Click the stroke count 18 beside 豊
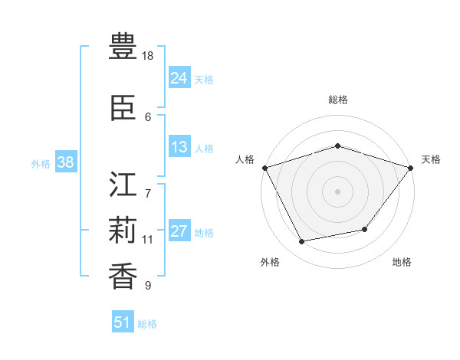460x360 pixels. click(x=149, y=56)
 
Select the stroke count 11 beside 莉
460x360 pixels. click(x=148, y=240)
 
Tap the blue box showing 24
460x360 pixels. click(x=179, y=78)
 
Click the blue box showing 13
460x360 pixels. click(x=179, y=147)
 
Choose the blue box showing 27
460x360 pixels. click(x=179, y=231)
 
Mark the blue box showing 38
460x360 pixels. click(x=65, y=162)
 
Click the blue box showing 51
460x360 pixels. click(x=123, y=322)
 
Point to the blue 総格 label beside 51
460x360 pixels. click(x=148, y=324)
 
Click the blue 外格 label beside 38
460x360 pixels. click(x=41, y=164)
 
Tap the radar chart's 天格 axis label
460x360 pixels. click(x=431, y=159)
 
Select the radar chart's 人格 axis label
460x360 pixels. click(x=245, y=159)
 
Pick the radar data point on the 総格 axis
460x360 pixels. click(x=337, y=146)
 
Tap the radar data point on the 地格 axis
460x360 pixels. click(x=365, y=229)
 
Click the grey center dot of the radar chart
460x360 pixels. click(x=337, y=191)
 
